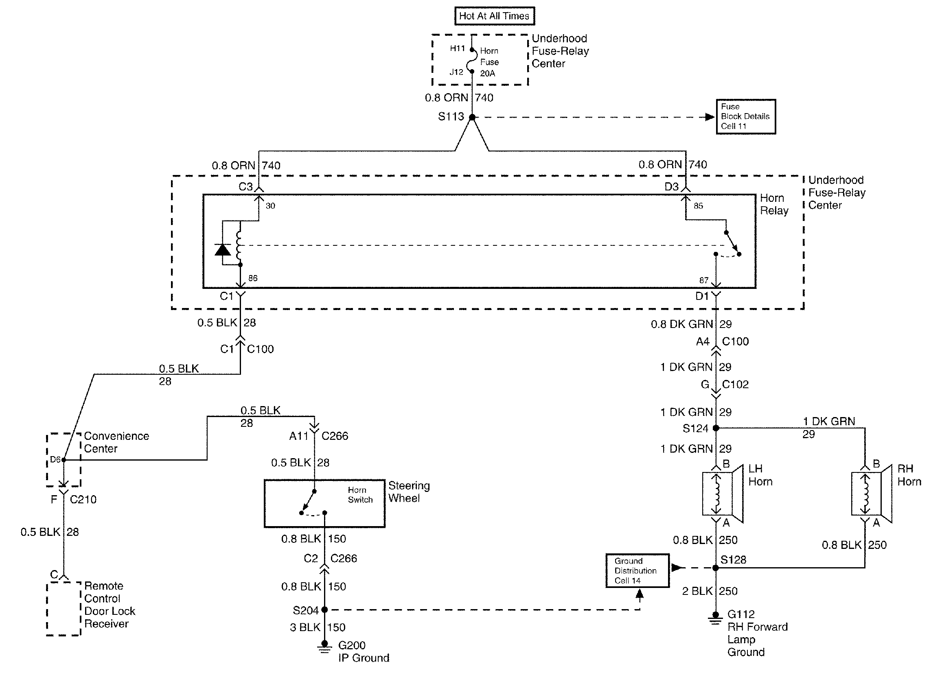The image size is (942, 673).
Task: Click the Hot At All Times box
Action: click(494, 16)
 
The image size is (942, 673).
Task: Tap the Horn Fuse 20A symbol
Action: click(471, 61)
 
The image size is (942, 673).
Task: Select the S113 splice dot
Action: click(472, 117)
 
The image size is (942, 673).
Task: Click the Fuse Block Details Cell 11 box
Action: click(745, 116)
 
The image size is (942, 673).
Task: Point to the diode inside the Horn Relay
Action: click(223, 249)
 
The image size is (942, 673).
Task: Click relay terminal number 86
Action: click(252, 278)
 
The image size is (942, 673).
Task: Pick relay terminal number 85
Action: click(698, 206)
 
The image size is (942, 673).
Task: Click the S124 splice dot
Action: click(716, 428)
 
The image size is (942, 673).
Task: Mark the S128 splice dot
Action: click(716, 568)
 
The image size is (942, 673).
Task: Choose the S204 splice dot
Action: click(324, 610)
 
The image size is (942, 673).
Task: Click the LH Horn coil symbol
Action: click(716, 494)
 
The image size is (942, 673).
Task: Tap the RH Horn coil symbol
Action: click(865, 494)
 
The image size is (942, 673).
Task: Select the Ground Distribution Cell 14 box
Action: click(637, 570)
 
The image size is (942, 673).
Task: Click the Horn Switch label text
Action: click(360, 495)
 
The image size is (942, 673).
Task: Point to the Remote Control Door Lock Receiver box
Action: click(64, 608)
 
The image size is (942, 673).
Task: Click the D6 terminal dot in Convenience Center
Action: click(64, 459)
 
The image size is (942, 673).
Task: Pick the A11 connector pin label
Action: click(298, 436)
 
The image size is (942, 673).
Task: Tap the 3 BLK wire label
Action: click(305, 627)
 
